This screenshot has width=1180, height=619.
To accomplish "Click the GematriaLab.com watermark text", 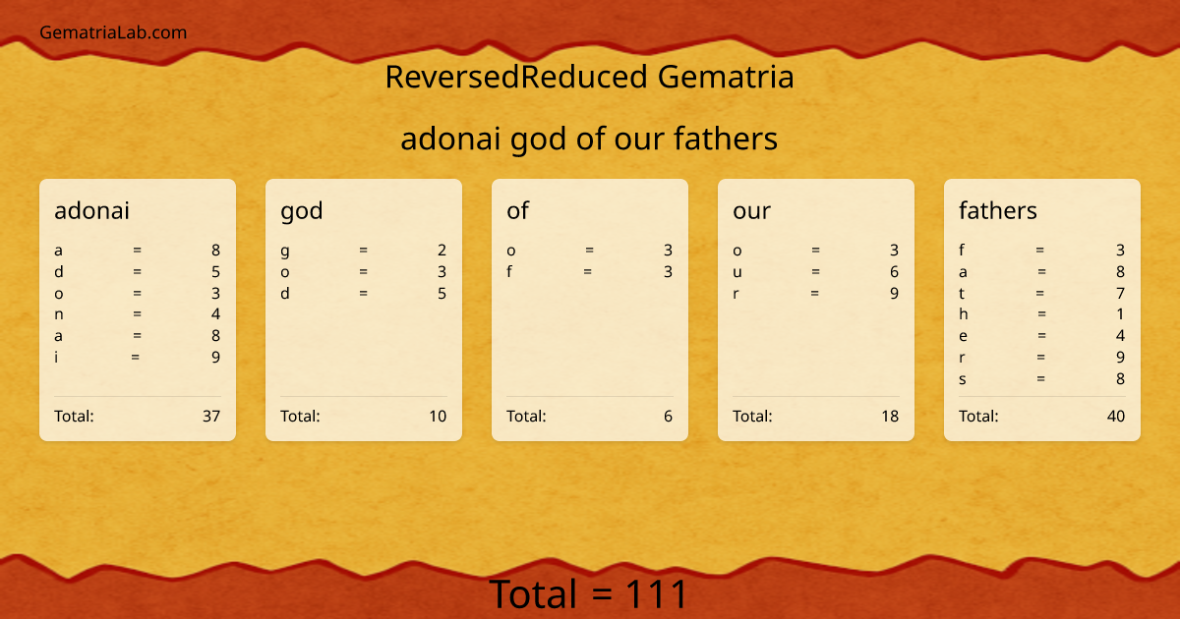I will pyautogui.click(x=113, y=32).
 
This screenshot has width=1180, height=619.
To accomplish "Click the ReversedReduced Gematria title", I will pyautogui.click(x=589, y=77).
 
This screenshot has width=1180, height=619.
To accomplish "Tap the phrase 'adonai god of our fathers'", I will pyautogui.click(x=589, y=140).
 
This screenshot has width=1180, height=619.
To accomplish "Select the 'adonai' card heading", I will pyautogui.click(x=91, y=210).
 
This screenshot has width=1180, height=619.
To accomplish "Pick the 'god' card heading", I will pyautogui.click(x=302, y=210).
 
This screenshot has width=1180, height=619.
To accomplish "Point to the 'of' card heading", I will pyautogui.click(x=517, y=210).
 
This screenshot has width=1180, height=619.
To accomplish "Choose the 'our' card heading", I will pyautogui.click(x=751, y=210).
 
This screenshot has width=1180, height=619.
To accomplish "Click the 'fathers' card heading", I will pyautogui.click(x=997, y=210).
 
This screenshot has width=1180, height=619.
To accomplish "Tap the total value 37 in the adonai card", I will pyautogui.click(x=211, y=416).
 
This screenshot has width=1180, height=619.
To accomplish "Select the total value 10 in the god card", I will pyautogui.click(x=438, y=416).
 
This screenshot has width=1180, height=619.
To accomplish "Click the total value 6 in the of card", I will pyautogui.click(x=668, y=416).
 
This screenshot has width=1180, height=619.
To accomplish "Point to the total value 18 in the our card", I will pyautogui.click(x=890, y=416).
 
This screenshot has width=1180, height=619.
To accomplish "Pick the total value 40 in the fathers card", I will pyautogui.click(x=1116, y=416).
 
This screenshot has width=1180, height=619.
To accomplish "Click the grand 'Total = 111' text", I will pyautogui.click(x=588, y=594).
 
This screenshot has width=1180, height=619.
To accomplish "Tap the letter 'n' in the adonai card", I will pyautogui.click(x=59, y=314).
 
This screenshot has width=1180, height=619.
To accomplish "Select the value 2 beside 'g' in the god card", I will pyautogui.click(x=442, y=251).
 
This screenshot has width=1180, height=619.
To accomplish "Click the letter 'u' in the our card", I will pyautogui.click(x=737, y=272).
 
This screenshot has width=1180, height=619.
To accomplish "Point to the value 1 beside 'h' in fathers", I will pyautogui.click(x=1120, y=314).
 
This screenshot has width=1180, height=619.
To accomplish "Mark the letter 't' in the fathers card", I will pyautogui.click(x=962, y=293).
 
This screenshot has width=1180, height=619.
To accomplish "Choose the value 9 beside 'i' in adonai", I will pyautogui.click(x=215, y=358).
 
